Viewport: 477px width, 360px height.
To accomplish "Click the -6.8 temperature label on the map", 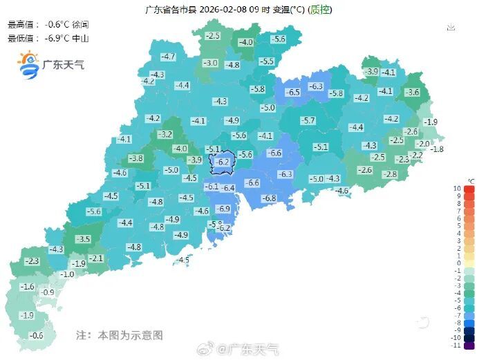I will click(x=269, y=198).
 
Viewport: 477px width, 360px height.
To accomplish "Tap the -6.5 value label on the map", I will click(x=293, y=92).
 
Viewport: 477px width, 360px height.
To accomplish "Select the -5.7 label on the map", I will click(x=308, y=120).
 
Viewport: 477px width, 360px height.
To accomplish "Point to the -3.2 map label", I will click(x=165, y=134).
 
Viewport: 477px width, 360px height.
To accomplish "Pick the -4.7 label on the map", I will click(x=168, y=57).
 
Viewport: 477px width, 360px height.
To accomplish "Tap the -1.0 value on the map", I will click(x=67, y=274).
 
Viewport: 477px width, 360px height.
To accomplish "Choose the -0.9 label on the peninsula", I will click(x=47, y=292).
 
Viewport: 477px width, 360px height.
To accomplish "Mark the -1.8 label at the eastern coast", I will click(x=436, y=149).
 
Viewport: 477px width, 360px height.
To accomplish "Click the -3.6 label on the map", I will click(x=412, y=92).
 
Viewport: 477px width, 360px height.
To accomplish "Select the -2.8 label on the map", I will click(x=390, y=174).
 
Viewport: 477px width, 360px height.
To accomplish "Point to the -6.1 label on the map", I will click(x=212, y=187).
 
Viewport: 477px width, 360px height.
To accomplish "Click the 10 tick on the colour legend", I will click(x=457, y=189).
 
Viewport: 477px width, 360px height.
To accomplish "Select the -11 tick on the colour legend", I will click(x=456, y=345).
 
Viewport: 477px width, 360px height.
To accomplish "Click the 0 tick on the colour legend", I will click(x=458, y=263).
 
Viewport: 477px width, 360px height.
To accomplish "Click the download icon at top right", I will click(x=451, y=28).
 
